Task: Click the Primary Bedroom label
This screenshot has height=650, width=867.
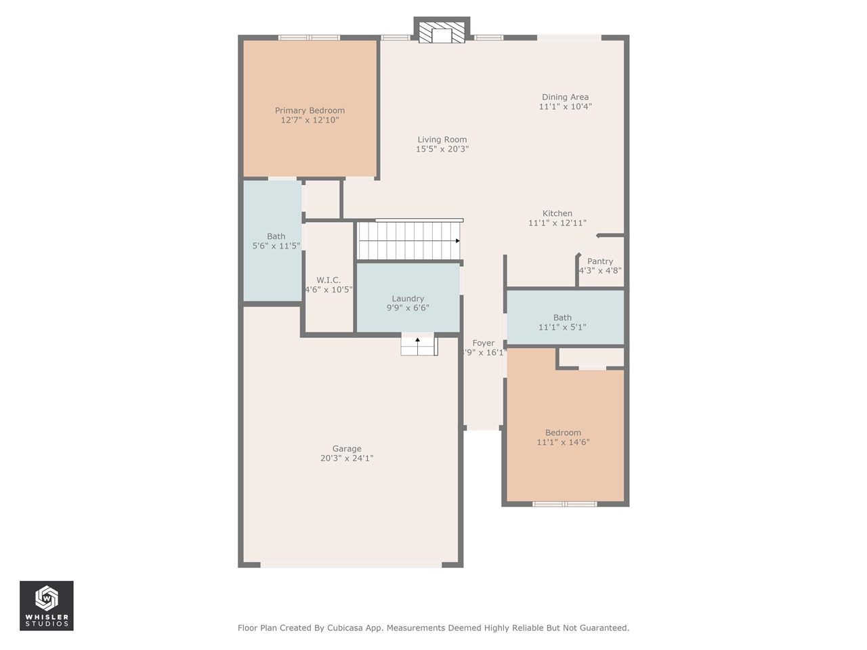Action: (310, 110)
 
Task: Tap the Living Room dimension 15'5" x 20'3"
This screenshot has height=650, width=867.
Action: (442, 149)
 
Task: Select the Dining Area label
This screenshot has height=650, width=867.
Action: (565, 97)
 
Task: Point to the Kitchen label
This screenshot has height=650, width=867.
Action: (557, 213)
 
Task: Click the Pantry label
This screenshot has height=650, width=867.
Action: (599, 261)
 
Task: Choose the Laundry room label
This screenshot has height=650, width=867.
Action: (408, 299)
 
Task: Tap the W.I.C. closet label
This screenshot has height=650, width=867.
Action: (329, 280)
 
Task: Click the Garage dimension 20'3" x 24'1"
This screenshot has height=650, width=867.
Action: (347, 458)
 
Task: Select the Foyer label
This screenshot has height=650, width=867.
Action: (483, 343)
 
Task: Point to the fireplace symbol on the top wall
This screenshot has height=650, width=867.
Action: (442, 32)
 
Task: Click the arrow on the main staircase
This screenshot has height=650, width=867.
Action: (458, 241)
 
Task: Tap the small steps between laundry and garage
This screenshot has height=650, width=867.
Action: (419, 345)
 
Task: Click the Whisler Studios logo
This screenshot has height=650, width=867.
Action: (47, 605)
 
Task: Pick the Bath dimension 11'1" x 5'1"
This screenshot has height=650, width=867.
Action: (562, 327)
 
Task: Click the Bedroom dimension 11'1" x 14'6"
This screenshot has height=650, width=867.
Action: (563, 442)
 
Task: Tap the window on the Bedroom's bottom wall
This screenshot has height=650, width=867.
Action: (564, 504)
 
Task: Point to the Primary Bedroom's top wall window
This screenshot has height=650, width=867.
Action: (310, 38)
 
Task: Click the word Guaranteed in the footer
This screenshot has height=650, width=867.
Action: (603, 628)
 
